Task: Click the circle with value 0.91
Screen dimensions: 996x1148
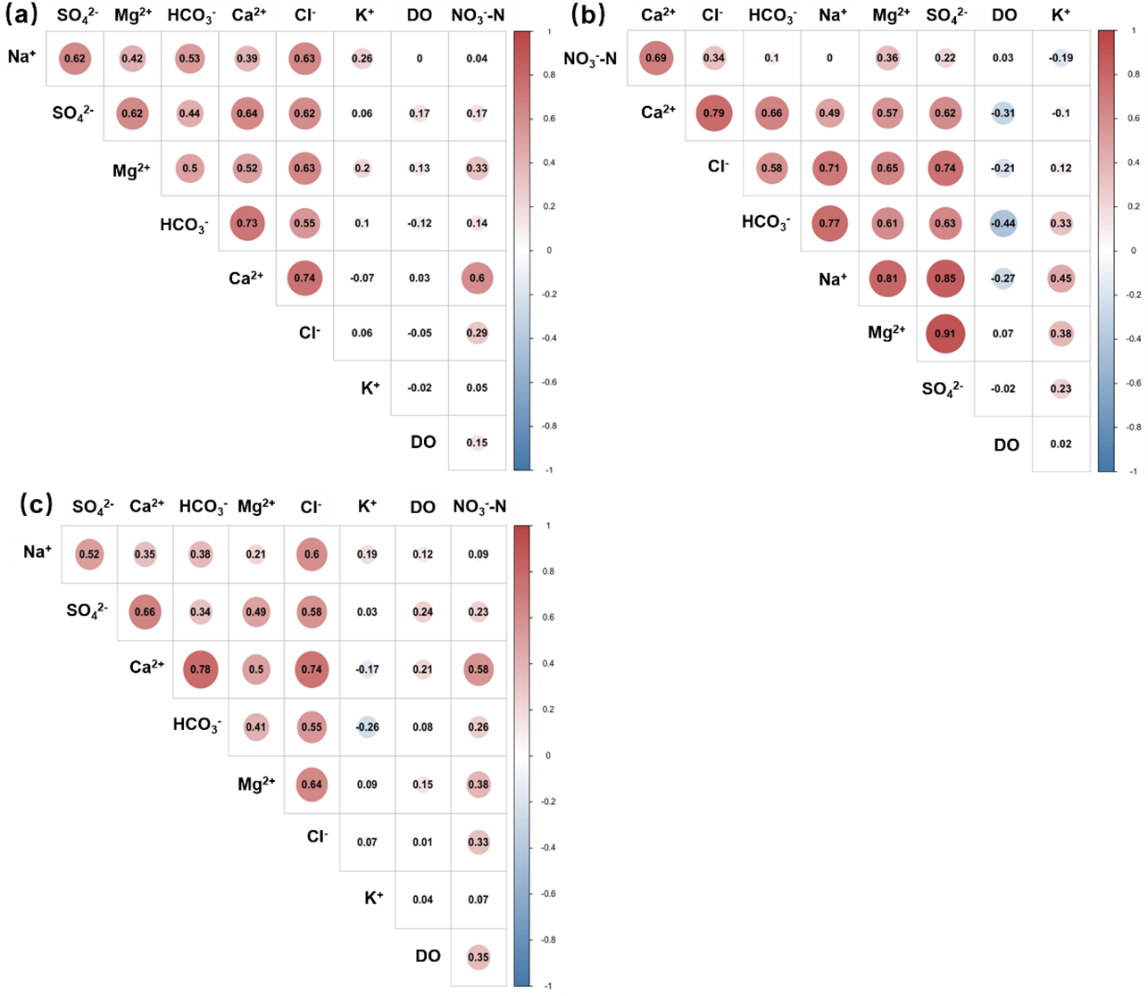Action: [x=944, y=334]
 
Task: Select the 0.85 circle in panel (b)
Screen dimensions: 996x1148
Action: [x=944, y=278]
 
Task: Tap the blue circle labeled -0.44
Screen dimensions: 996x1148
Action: [x=1002, y=223]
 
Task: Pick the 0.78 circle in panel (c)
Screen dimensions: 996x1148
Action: [x=200, y=669]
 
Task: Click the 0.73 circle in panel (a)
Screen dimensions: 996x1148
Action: [x=247, y=223]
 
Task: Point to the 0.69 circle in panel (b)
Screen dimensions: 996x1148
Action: [x=656, y=58]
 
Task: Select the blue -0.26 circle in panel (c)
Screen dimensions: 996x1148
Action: [x=367, y=726]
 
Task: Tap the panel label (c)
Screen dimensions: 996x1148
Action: [x=36, y=504]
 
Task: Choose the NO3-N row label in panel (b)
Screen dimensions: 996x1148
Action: [x=590, y=60]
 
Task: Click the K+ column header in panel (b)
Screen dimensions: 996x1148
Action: [x=1061, y=14]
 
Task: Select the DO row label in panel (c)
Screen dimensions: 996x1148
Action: [x=428, y=956]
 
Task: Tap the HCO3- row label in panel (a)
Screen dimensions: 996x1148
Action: [x=184, y=225]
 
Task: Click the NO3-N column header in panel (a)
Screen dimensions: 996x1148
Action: [x=478, y=15]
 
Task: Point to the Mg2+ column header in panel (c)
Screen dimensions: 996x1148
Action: [x=256, y=507]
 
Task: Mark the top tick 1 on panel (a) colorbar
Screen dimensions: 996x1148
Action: [x=548, y=31]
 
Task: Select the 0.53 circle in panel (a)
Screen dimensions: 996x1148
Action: [x=189, y=59]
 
